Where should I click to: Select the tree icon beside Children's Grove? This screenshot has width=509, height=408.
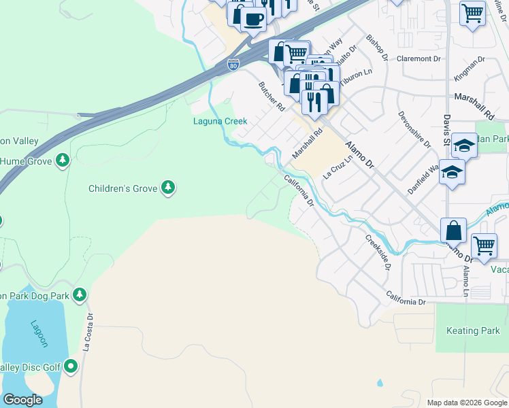tap(168, 187)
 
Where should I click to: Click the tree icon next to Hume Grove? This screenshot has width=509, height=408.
tap(63, 160)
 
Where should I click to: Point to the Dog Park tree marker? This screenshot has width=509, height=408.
tap(80, 294)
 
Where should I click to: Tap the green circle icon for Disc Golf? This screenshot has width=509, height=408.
tap(70, 367)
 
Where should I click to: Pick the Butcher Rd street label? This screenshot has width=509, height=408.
tap(272, 97)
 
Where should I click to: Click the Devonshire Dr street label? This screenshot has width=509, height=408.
tap(414, 129)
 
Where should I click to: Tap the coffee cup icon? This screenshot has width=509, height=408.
tap(253, 20)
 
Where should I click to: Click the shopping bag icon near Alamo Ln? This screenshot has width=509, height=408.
tap(454, 231)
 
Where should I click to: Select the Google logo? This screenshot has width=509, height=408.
tap(22, 400)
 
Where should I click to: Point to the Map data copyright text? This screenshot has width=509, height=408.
tap(466, 403)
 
